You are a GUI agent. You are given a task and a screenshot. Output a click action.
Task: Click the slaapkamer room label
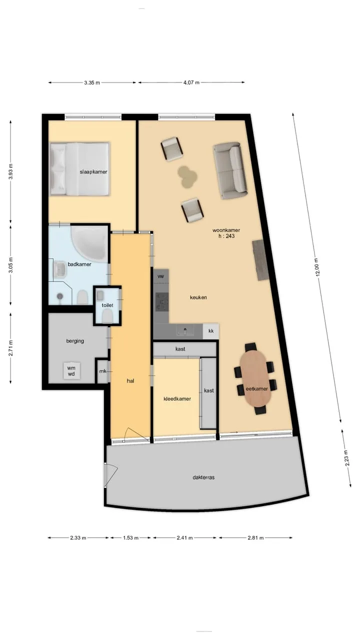pos(93,172)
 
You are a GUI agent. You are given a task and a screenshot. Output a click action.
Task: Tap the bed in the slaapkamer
pos(79,169)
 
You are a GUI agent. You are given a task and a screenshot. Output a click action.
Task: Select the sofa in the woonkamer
pos(230,170)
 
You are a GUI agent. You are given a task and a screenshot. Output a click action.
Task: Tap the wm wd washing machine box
pos(71,371)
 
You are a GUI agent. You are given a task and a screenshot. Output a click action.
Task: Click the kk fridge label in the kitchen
pos(211,331)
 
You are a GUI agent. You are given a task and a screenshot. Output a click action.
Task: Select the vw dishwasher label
pos(160,276)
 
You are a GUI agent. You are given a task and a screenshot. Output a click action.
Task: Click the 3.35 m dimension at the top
pos(92,83)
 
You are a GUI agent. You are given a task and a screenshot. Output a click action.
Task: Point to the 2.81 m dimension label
pos(255,537)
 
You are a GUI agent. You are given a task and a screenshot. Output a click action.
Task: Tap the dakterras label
pos(203,477)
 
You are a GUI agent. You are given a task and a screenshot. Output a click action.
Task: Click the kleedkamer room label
pos(177,399)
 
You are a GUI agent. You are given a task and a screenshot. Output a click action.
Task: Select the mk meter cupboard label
pos(103,371)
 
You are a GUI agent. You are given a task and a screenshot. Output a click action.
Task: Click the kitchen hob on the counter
pos(162,301)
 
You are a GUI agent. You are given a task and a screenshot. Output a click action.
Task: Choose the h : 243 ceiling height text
pos(226,236)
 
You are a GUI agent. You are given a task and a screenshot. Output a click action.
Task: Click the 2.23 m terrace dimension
pos(347,458)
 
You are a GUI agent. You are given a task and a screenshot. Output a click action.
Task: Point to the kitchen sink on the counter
pos(185,331)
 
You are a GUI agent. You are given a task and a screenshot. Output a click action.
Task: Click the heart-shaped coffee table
pos(187,177)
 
